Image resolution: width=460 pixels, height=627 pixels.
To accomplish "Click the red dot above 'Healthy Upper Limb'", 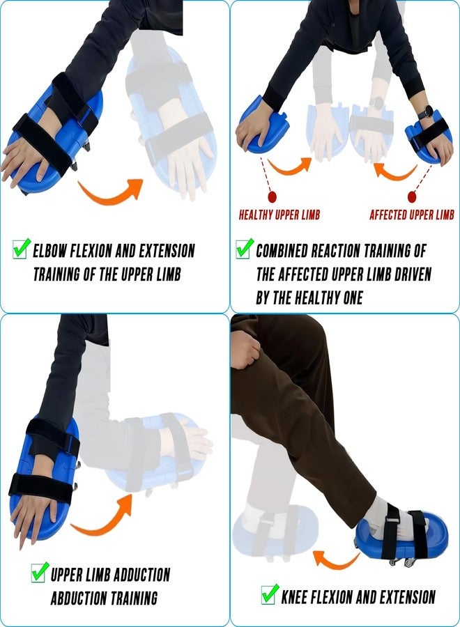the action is point(272,196).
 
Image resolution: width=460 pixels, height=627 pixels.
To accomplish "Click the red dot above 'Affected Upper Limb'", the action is point(412,196).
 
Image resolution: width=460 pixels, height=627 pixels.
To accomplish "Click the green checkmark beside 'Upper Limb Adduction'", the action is point(40,572).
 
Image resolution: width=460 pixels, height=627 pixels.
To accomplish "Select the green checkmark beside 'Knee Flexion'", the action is point(270,595).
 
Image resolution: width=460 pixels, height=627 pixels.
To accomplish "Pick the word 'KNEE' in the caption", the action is point(294,598).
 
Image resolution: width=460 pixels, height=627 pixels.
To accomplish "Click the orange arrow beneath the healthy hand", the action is point(288,167).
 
